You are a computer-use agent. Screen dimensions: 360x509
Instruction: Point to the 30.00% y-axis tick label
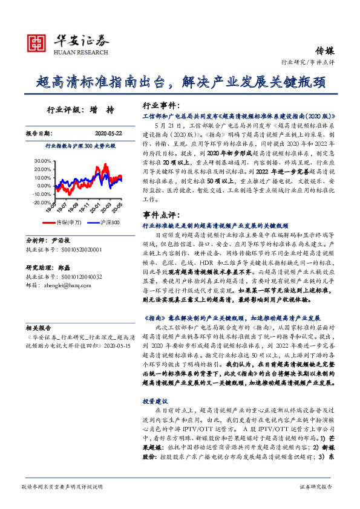(x=43, y=161)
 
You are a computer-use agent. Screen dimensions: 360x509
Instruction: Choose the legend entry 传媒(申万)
(x=70, y=222)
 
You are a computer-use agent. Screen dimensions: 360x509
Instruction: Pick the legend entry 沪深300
(x=106, y=222)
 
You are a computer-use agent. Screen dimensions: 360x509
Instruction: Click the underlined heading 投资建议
(x=156, y=401)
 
